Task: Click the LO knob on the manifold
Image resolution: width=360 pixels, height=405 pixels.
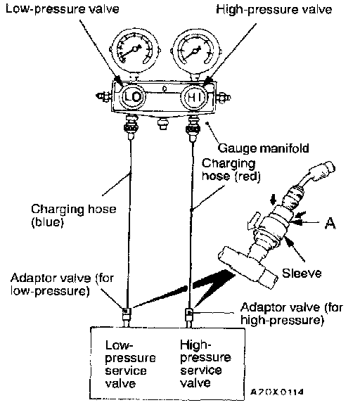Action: coord(134,97)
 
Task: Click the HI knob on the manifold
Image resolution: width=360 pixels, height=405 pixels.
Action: coord(195,98)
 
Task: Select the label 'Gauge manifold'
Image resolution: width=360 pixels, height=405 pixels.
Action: coord(264,148)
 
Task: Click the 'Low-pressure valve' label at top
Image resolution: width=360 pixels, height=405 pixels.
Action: coord(63,9)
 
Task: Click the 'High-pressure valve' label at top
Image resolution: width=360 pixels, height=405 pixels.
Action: coord(274,10)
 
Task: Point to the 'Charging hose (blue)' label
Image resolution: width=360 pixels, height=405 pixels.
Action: coord(74,215)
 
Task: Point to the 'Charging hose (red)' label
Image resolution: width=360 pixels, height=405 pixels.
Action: coord(231,170)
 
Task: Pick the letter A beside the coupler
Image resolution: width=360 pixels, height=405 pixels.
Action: coord(330,223)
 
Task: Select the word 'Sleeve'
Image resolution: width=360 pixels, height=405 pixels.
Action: coord(302,274)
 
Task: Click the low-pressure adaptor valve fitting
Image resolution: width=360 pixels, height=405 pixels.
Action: coord(127,314)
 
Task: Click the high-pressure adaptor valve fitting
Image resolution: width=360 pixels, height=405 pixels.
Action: coord(189,315)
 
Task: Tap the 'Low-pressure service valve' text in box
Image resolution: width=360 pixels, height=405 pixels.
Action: coord(130,364)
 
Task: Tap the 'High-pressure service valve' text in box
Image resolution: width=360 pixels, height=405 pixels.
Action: coord(205,364)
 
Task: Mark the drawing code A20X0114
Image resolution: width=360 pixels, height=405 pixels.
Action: coord(277,392)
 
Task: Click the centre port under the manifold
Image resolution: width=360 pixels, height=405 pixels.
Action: coord(162,123)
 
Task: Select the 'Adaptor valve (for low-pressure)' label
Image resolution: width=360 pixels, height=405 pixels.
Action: coord(62,284)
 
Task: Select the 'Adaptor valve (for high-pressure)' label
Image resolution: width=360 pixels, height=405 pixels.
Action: coord(292,314)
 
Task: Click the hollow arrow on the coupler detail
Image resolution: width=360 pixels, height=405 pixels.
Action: coord(253,221)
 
